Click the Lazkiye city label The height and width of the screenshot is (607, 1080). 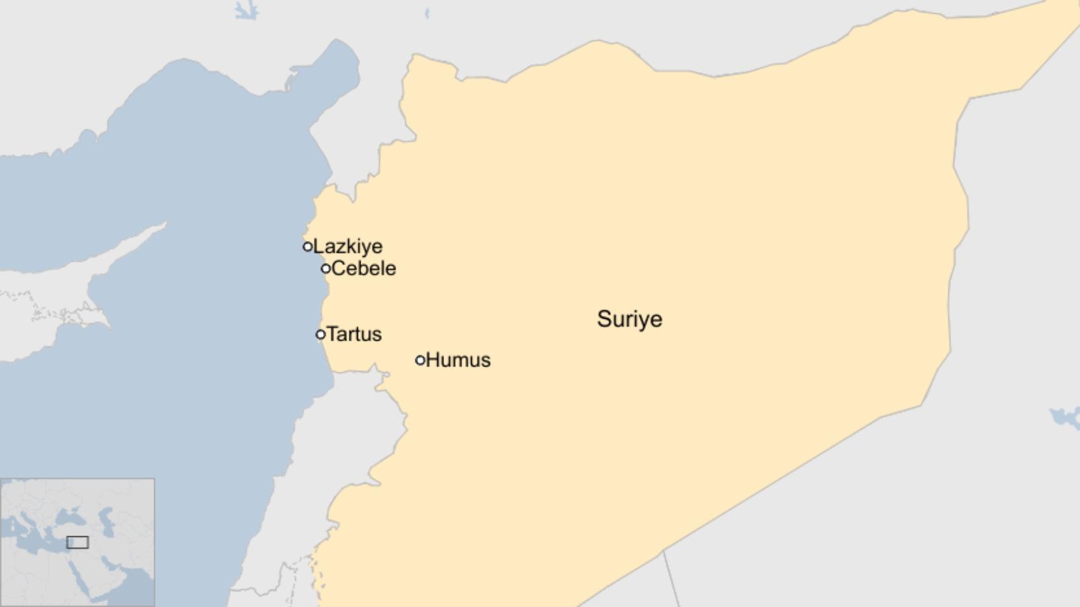[x=347, y=247]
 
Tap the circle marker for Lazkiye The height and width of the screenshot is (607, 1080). [x=308, y=247]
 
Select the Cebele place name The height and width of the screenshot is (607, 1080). [x=363, y=268]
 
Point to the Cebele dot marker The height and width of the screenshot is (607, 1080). [x=326, y=268]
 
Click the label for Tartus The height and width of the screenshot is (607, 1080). [x=354, y=334]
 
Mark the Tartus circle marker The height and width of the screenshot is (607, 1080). [x=321, y=335]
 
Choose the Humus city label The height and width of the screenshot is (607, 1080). [x=458, y=360]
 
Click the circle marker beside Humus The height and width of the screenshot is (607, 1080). [x=420, y=360]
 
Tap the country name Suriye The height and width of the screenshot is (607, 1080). [x=629, y=319]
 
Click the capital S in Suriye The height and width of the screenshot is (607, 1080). [x=604, y=319]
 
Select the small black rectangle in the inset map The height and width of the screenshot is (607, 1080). [x=77, y=542]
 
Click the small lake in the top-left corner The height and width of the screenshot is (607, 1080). [x=246, y=10]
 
